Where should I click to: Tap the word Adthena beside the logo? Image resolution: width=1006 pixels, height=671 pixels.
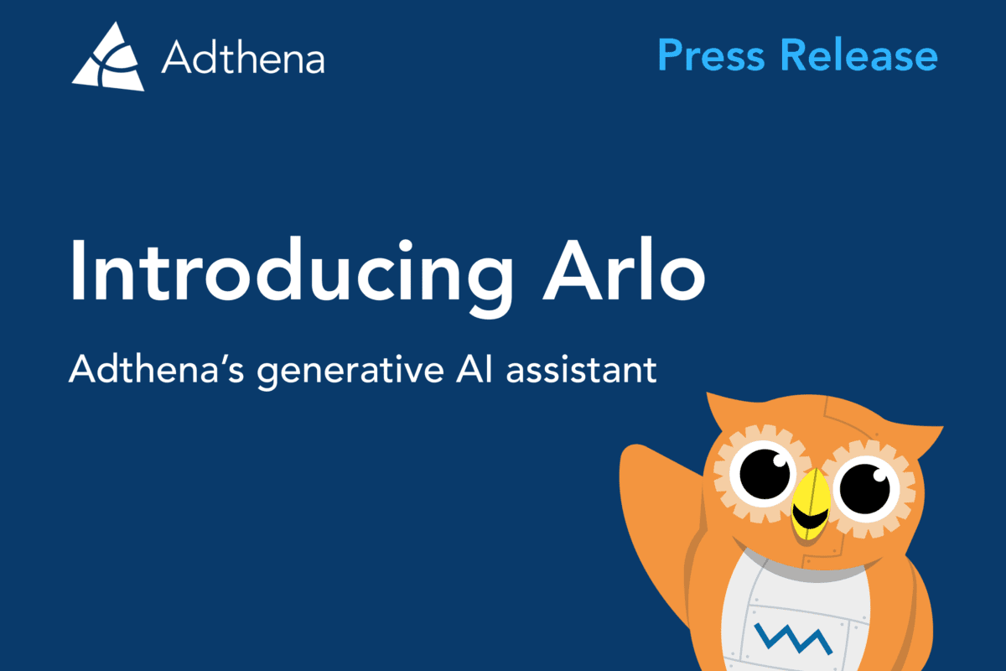click(243, 58)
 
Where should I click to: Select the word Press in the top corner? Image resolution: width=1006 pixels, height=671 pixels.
click(711, 55)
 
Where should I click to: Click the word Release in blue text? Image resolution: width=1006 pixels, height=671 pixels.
click(859, 55)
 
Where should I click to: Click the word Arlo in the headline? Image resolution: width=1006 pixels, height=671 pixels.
click(625, 269)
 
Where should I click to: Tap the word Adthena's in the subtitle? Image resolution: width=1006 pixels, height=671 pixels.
click(156, 369)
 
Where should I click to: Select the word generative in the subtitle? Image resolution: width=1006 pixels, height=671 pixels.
click(350, 372)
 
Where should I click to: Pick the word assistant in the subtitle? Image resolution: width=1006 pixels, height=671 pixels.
click(582, 369)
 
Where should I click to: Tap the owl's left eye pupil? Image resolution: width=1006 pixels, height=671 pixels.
click(765, 474)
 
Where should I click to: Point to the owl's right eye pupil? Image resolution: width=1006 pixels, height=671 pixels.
click(865, 488)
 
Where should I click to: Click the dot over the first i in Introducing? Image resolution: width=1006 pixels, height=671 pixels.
click(406, 247)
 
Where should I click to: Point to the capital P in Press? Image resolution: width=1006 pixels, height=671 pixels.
click(671, 55)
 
